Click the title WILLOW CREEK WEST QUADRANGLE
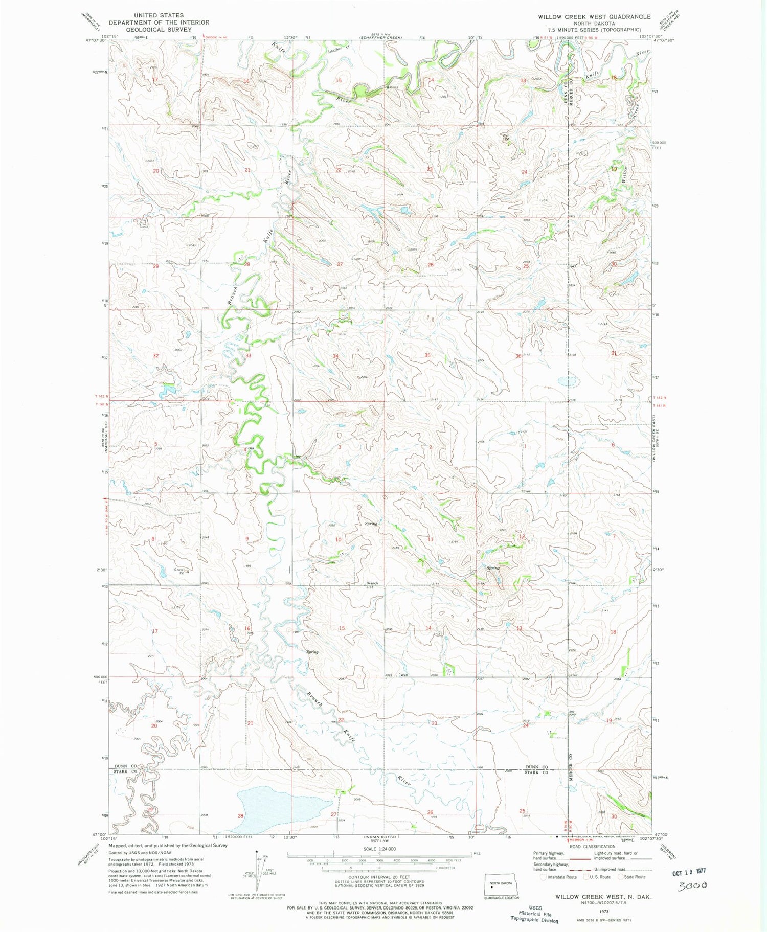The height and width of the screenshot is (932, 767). (x=594, y=17)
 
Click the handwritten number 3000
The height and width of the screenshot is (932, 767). (x=692, y=885)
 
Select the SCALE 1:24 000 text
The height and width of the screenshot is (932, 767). (x=378, y=849)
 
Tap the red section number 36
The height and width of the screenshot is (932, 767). (x=518, y=356)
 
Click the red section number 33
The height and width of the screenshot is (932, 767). (x=248, y=355)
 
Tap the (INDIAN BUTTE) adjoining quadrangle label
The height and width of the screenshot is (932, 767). (x=377, y=837)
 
